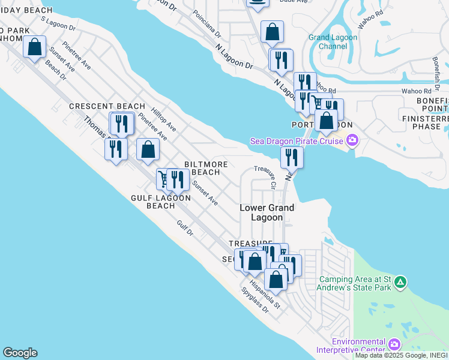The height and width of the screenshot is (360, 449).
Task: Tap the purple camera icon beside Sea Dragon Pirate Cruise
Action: pyautogui.click(x=352, y=141)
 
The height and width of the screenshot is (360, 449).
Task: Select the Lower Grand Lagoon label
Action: pyautogui.click(x=267, y=212)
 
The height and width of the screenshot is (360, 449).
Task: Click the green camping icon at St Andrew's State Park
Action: pyautogui.click(x=401, y=281)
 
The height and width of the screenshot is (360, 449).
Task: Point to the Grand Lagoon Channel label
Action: pyautogui.click(x=333, y=41)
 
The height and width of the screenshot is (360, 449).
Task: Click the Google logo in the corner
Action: pyautogui.click(x=20, y=353)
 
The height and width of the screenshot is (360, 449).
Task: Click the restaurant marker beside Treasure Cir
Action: pyautogui.click(x=292, y=157)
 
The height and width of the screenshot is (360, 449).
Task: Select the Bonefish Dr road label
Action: pyautogui.click(x=436, y=71)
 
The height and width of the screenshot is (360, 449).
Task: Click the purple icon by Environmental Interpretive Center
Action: pyautogui.click(x=394, y=344)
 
